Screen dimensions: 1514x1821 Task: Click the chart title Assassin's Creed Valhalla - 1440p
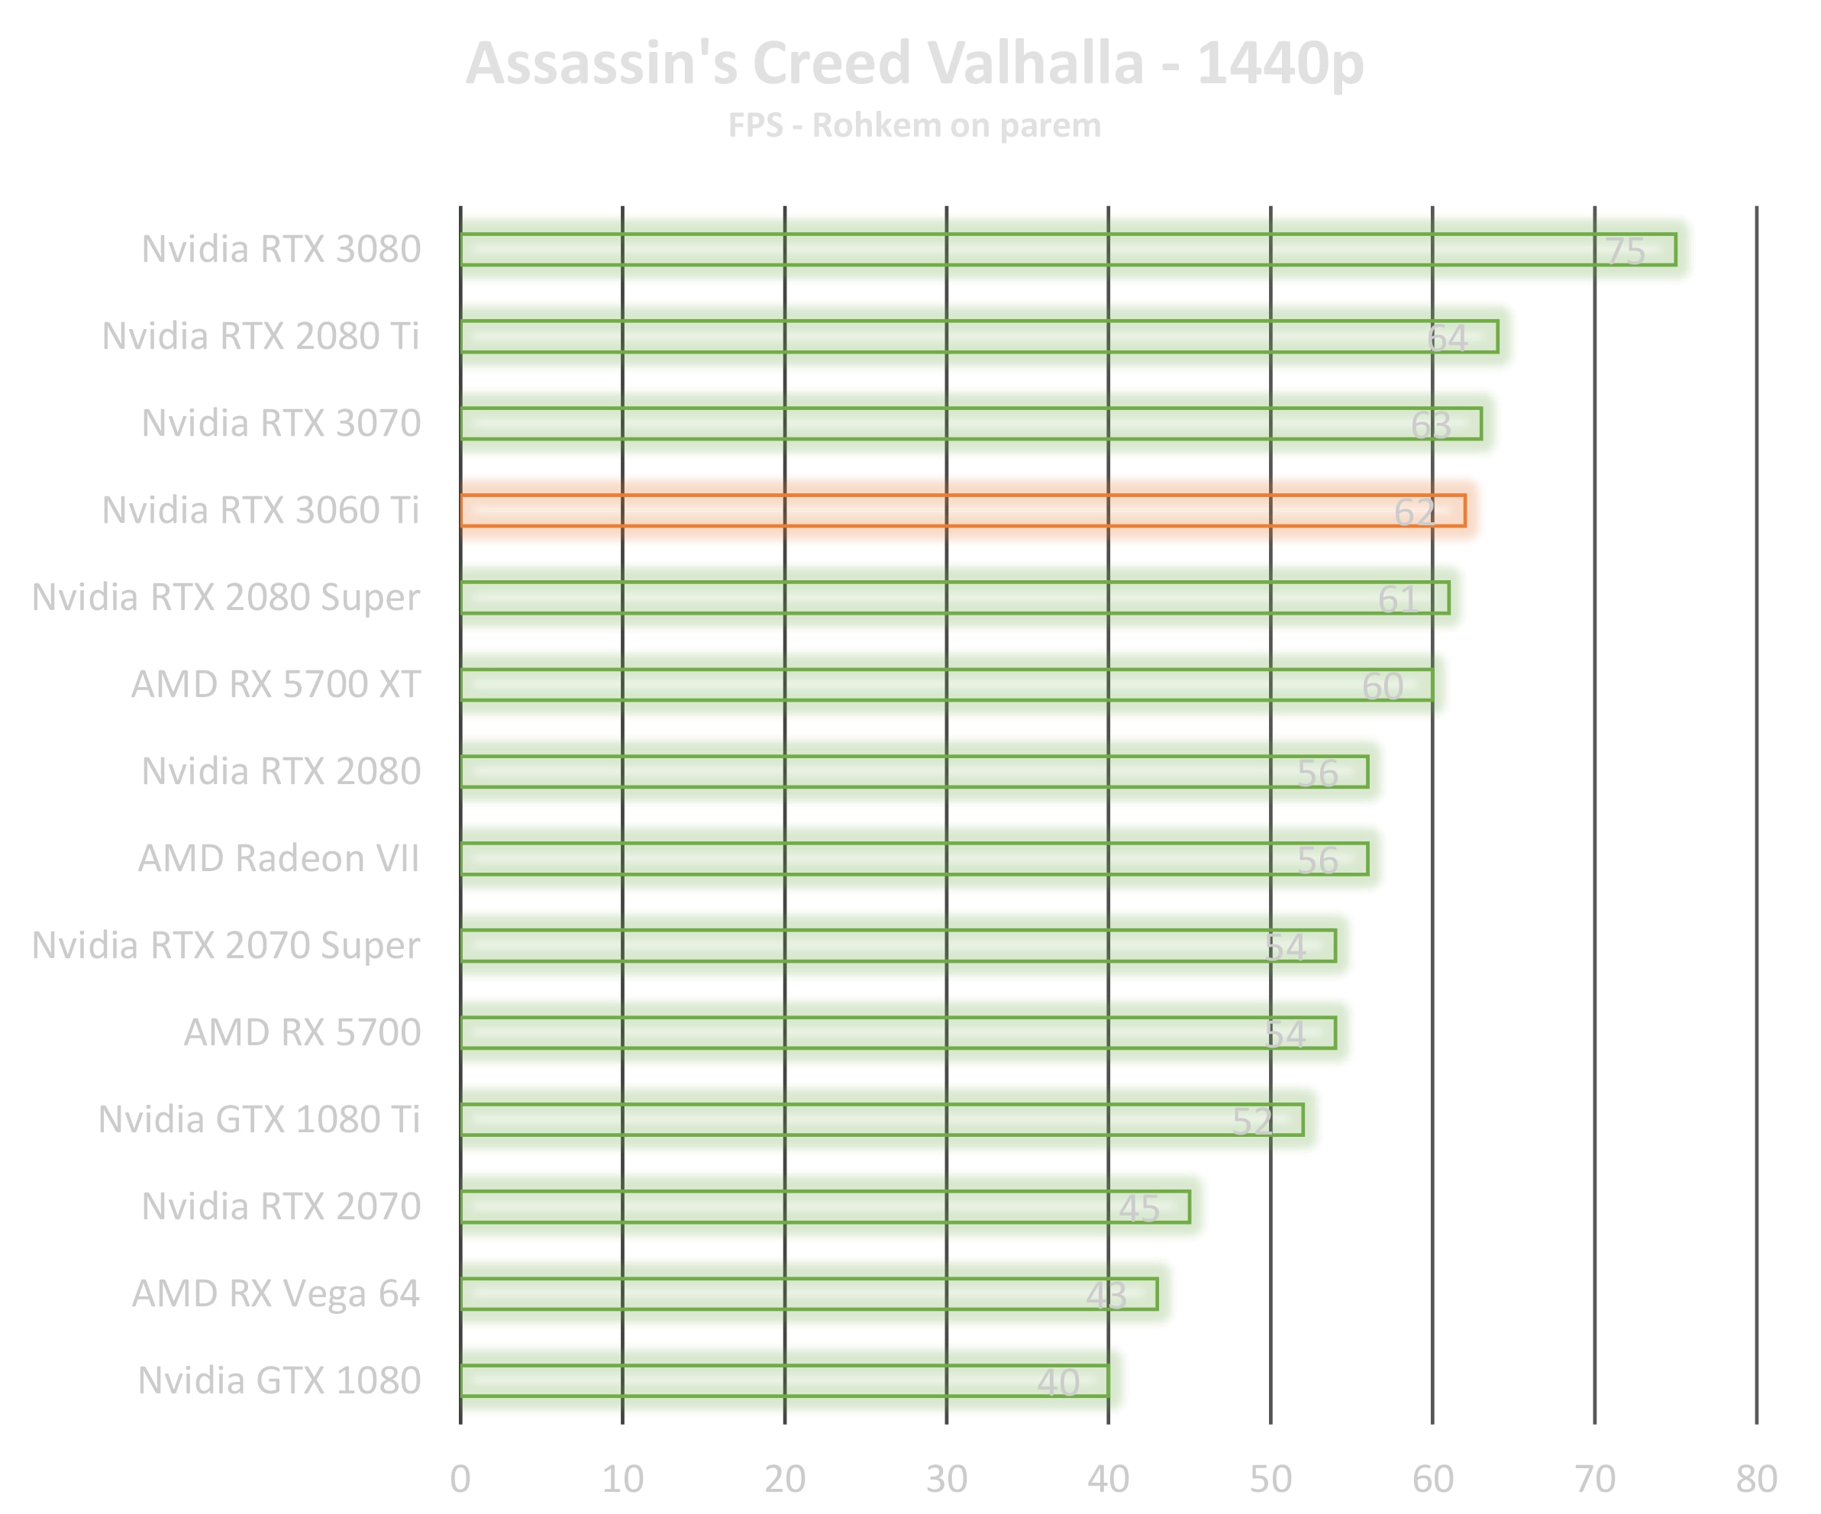tap(914, 63)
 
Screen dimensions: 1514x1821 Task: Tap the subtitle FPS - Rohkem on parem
tap(914, 126)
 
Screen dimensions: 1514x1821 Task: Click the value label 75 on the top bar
tap(1624, 251)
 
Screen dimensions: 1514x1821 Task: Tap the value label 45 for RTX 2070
tap(1138, 1208)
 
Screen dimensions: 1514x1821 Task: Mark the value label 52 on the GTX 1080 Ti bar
tap(1253, 1122)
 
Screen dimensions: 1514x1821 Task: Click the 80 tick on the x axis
tap(1756, 1478)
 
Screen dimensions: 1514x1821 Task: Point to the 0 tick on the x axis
tap(460, 1478)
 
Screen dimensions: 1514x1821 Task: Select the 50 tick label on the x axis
tap(1271, 1478)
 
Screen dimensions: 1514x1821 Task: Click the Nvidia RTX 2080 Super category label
tap(226, 598)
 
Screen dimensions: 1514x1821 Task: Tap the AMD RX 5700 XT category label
tap(276, 684)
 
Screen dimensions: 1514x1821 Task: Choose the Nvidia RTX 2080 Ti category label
tap(260, 337)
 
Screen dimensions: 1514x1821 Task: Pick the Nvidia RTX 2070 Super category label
tap(226, 945)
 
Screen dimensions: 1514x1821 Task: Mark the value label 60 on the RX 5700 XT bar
tap(1382, 686)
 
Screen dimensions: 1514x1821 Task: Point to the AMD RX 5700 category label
tap(302, 1032)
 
